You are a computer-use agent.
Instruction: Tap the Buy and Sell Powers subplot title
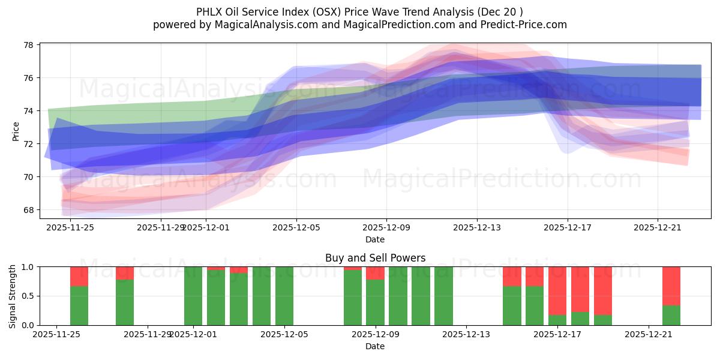click(375, 258)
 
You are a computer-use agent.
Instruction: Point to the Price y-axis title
click(16, 131)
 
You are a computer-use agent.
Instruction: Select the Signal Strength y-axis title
click(13, 296)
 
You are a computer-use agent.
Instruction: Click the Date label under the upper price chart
click(375, 239)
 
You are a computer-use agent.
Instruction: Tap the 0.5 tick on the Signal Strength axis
click(27, 296)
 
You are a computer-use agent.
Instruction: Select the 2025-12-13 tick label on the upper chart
click(476, 227)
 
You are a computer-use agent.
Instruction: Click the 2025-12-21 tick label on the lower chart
click(649, 334)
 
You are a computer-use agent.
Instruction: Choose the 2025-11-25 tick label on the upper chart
click(70, 227)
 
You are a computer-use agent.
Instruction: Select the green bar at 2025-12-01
click(193, 296)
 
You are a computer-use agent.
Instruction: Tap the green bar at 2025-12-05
click(284, 296)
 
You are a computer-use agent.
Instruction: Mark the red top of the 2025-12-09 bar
click(375, 273)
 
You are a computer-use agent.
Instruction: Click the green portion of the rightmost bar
click(671, 316)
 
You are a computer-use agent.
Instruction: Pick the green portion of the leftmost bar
click(79, 306)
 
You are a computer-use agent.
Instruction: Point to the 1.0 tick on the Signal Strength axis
click(27, 266)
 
